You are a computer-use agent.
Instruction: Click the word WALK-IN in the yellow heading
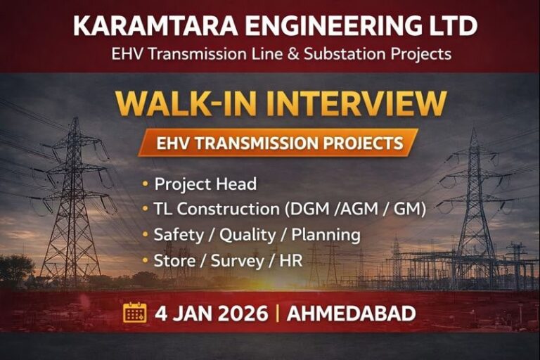tap(184, 103)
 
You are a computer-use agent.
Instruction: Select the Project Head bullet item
tap(205, 184)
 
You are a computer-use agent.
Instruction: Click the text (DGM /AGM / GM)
tap(358, 209)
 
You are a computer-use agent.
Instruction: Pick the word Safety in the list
tap(177, 234)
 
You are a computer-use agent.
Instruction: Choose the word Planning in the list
tap(325, 234)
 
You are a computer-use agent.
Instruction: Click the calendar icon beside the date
tap(135, 312)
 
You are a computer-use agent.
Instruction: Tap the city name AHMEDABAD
tap(356, 313)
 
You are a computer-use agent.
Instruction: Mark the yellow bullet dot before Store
tap(146, 261)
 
